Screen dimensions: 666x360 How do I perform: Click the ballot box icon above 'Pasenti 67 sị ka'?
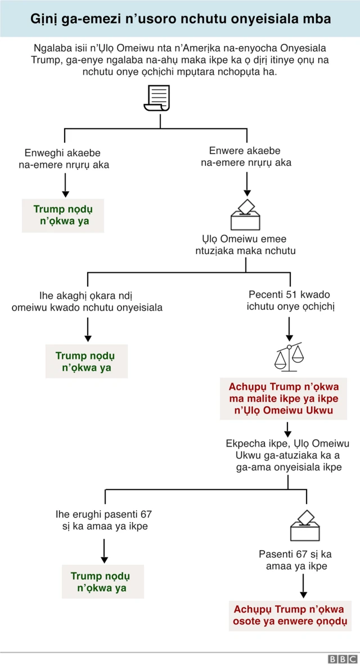[305, 526]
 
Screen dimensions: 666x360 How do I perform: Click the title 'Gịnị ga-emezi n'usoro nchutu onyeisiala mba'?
[180, 19]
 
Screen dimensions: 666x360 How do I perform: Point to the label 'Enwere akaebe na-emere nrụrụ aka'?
[245, 157]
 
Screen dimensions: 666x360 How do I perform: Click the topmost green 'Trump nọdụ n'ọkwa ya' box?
[63, 215]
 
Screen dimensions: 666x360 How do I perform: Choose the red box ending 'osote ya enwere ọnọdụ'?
[290, 615]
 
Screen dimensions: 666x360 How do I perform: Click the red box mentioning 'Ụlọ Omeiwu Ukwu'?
[283, 399]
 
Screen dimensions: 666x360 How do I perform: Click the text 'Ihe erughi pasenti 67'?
[103, 514]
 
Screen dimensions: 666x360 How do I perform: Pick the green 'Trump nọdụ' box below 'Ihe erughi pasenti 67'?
[103, 582]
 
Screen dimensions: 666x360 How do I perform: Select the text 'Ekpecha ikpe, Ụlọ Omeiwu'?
[287, 443]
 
